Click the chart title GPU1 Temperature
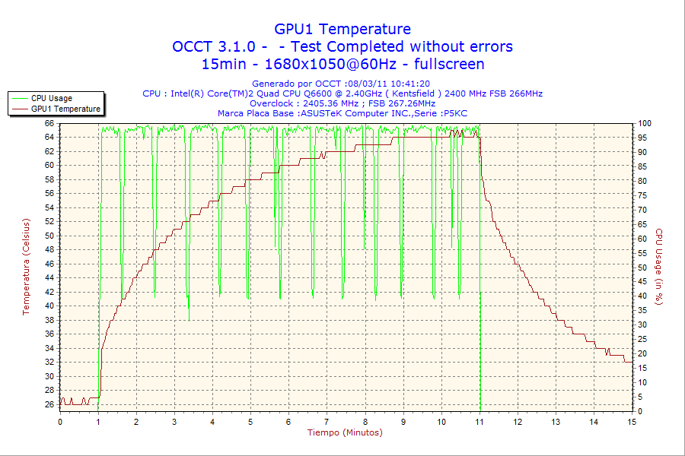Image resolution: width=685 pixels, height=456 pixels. click(x=342, y=29)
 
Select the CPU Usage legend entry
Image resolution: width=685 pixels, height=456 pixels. click(x=52, y=98)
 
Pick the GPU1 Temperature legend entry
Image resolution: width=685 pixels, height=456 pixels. click(x=65, y=109)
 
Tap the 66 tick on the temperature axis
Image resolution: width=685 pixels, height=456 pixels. click(x=49, y=123)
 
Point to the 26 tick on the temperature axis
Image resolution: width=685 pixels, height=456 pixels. click(x=49, y=404)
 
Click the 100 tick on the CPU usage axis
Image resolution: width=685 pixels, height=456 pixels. click(x=645, y=123)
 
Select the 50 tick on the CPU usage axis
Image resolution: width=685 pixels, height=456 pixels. click(x=642, y=268)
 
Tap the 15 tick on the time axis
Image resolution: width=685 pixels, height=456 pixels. click(x=631, y=422)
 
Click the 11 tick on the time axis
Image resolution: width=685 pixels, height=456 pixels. click(x=479, y=422)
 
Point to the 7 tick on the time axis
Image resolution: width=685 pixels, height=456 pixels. click(x=327, y=422)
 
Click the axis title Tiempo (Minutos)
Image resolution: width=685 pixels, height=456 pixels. click(x=345, y=432)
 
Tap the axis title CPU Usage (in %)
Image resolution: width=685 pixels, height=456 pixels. click(x=660, y=266)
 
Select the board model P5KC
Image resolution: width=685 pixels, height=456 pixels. click(x=457, y=113)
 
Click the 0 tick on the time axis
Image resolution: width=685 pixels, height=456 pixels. click(x=60, y=422)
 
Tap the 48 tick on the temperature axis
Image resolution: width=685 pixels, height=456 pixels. click(x=49, y=250)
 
